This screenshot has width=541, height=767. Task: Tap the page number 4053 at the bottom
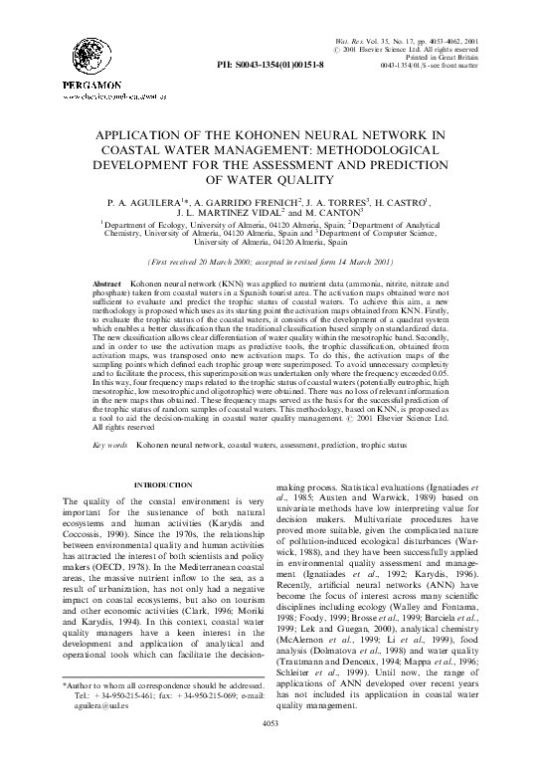pyautogui.click(x=270, y=752)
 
